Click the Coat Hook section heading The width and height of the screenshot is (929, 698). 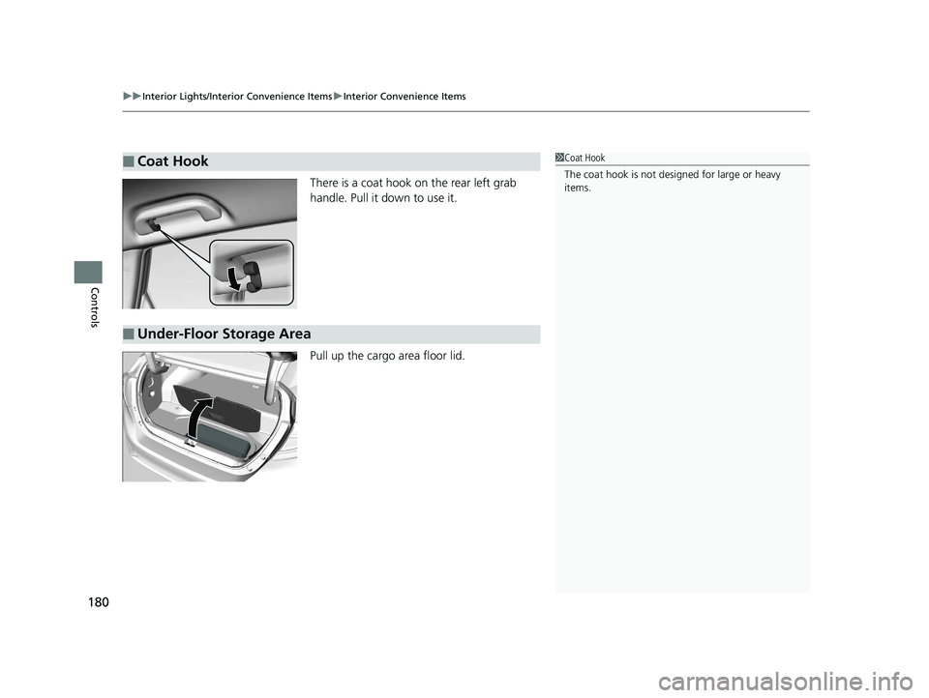click(172, 161)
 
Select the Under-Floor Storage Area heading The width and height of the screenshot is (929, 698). click(224, 334)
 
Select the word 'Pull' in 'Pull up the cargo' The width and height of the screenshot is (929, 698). click(321, 356)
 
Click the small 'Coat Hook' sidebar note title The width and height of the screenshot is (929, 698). click(584, 158)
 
